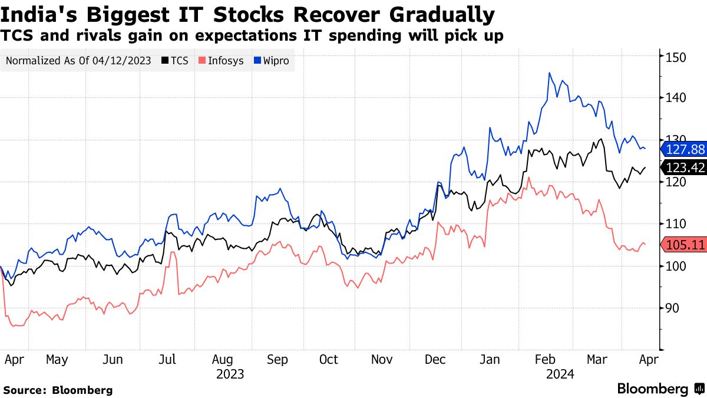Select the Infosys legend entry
point(221,61)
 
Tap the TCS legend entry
point(175,61)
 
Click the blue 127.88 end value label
point(684,149)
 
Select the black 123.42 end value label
point(684,168)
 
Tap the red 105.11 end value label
point(684,245)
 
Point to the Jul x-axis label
point(168,359)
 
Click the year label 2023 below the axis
point(230,374)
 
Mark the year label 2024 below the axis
point(560,374)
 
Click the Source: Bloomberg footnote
point(58,390)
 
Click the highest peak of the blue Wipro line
point(549,73)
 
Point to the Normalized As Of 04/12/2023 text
point(79,61)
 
